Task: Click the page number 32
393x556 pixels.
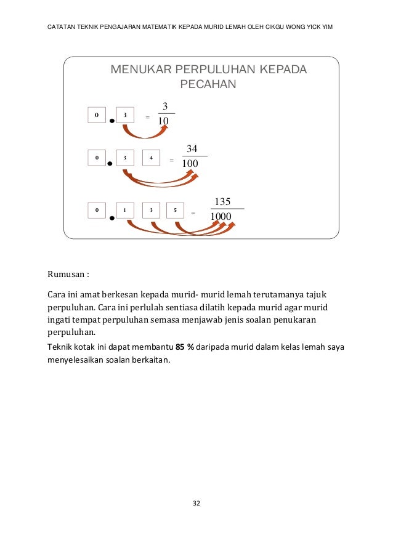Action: [x=197, y=504]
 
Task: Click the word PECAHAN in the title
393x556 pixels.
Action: [x=208, y=84]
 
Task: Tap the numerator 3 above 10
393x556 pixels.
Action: [x=165, y=105]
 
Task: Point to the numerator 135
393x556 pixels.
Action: [x=222, y=201]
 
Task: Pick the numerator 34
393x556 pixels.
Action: [x=192, y=148]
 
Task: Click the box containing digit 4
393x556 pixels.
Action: [x=151, y=158]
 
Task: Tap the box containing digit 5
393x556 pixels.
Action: [x=176, y=211]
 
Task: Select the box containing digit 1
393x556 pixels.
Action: [x=124, y=211]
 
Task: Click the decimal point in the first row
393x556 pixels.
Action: [x=111, y=121]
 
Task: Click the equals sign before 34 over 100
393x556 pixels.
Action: [x=171, y=161]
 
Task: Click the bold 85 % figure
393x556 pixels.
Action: [x=185, y=347]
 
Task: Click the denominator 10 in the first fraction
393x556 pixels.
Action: [x=164, y=121]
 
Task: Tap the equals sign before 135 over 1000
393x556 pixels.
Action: [x=193, y=214]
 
